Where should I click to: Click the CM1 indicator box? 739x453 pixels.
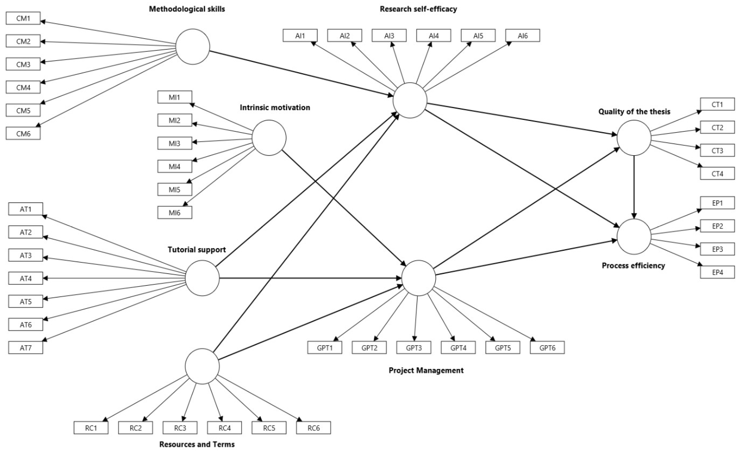click(x=23, y=18)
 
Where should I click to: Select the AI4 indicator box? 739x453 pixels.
click(x=433, y=36)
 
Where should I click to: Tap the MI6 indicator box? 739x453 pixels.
click(x=175, y=212)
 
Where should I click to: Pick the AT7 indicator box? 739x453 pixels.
click(x=26, y=348)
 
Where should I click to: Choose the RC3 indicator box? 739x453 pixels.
click(x=180, y=428)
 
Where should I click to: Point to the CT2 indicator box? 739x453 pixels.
click(x=717, y=128)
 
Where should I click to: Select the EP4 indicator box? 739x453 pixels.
click(x=717, y=272)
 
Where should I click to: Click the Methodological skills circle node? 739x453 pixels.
click(x=193, y=47)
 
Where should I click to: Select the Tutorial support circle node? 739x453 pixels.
click(x=202, y=278)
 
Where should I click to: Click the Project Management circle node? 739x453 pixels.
click(x=419, y=278)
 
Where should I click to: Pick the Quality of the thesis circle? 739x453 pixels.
click(x=634, y=138)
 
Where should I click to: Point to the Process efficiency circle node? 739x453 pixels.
click(x=634, y=236)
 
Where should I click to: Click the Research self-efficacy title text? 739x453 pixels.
click(x=418, y=9)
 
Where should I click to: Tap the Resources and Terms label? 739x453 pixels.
click(x=197, y=444)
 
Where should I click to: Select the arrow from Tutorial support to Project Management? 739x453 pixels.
click(x=311, y=278)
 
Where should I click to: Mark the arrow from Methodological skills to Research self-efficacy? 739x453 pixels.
click(x=301, y=74)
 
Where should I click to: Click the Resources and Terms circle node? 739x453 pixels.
click(x=202, y=366)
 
